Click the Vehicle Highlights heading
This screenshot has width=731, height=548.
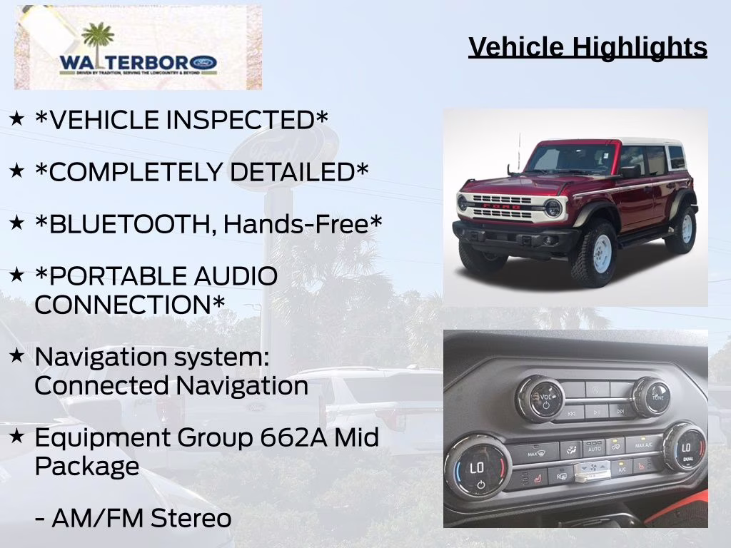588,47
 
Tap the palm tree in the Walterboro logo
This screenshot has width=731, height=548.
98,39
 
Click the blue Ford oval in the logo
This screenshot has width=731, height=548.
204,63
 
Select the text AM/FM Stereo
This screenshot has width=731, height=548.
133,519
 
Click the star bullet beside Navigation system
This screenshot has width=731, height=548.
16,355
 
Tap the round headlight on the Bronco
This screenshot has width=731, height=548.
553,208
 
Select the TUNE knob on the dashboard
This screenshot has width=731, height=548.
651,397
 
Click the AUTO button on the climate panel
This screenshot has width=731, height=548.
594,448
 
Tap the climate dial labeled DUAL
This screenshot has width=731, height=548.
684,447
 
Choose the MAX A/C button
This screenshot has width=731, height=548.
643,444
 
